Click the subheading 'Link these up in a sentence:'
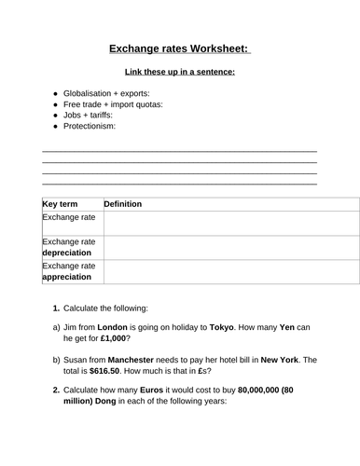point(179,72)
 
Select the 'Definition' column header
point(121,204)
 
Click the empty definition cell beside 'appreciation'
point(229,270)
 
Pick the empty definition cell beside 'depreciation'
point(229,247)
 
